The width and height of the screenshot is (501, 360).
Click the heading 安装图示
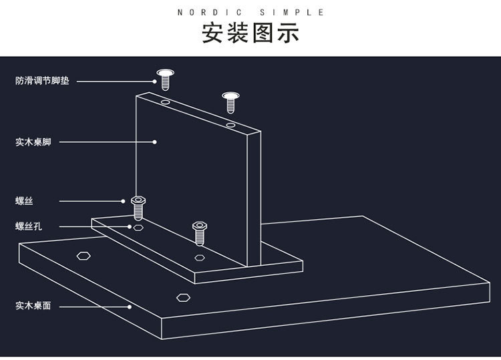click(x=251, y=33)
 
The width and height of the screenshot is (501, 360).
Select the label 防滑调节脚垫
click(x=43, y=81)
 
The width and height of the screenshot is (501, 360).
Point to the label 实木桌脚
click(x=33, y=142)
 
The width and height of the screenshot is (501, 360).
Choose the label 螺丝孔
click(x=29, y=226)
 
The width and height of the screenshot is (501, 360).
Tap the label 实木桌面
click(x=33, y=306)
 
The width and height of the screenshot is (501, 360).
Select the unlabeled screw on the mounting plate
click(x=198, y=232)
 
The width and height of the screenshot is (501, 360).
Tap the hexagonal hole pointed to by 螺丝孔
click(x=138, y=227)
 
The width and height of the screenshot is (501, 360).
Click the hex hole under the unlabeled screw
click(x=199, y=256)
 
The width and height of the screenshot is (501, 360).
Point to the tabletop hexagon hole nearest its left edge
click(x=84, y=255)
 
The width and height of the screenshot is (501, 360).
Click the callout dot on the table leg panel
click(x=154, y=142)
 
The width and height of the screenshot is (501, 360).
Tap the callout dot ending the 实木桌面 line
click(x=130, y=307)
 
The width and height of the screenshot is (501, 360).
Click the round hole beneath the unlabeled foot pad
click(x=230, y=125)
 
